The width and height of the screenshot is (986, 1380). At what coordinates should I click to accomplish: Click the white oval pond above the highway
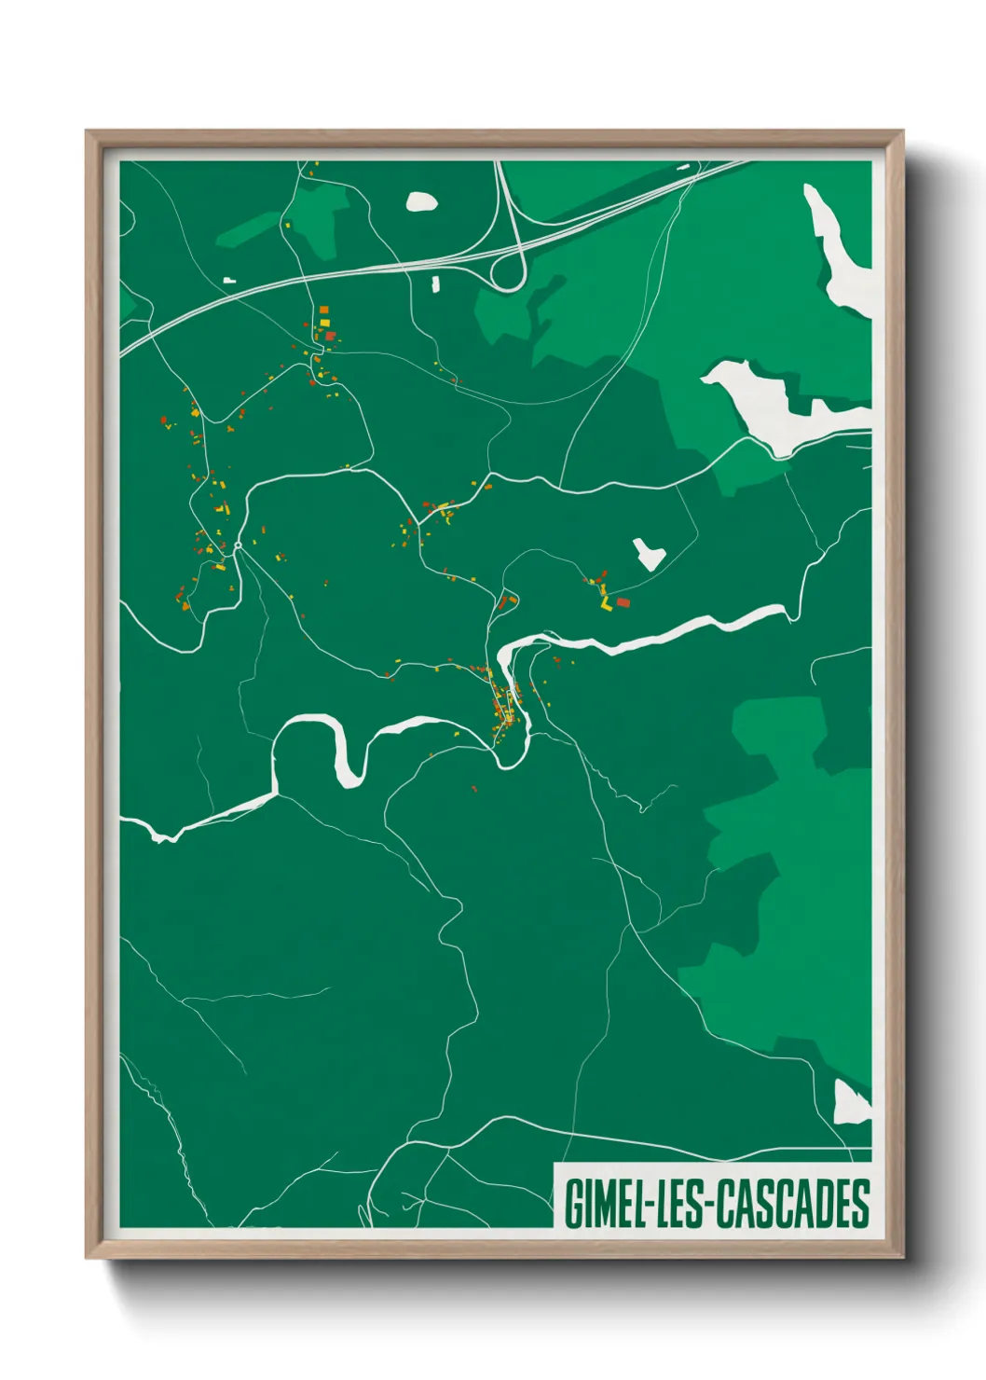pos(422,201)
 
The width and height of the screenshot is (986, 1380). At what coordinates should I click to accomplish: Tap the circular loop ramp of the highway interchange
pos(509,273)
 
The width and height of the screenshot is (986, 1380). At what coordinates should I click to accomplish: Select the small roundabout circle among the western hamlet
pos(239,545)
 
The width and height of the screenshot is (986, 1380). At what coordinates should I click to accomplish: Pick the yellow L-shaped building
pos(607,604)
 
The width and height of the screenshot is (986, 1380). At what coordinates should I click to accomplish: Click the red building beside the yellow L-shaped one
pos(623,602)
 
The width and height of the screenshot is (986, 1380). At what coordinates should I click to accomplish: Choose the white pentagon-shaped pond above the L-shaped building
pos(648,553)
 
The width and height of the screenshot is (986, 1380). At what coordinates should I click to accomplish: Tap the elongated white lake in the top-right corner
pos(839,252)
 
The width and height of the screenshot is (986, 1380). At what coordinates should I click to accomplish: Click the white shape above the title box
pos(850,1103)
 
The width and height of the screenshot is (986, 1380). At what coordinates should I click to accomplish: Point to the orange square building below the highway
pos(323,310)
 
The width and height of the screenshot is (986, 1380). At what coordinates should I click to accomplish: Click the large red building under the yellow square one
pos(329,335)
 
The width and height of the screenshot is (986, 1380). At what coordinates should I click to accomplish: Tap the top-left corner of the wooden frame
pos(88,132)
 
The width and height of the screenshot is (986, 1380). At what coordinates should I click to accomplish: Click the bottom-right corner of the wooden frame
pos(902,1257)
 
